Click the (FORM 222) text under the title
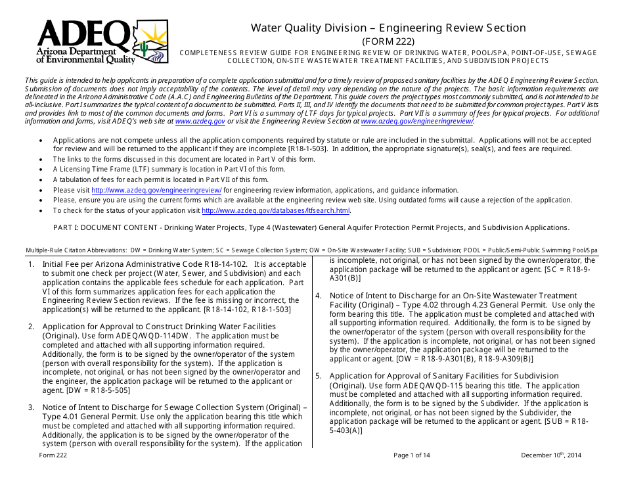388,41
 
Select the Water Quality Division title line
388,28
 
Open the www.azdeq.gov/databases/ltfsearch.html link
275,211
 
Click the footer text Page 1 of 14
412,455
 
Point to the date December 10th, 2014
551,455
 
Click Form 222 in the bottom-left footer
53,455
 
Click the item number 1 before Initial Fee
31,264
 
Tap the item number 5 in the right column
318,376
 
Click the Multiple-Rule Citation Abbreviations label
76,250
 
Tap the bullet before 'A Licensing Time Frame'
42,170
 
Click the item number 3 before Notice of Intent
31,407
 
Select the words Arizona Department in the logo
76,52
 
